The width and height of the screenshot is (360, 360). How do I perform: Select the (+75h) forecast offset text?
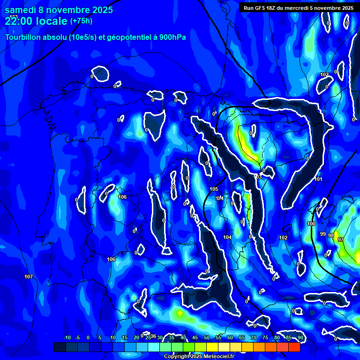pyautogui.click(x=81, y=21)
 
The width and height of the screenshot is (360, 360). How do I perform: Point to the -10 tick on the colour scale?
pyautogui.click(x=67, y=338)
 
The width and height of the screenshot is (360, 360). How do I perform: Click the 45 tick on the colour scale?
pyautogui.click(x=195, y=338)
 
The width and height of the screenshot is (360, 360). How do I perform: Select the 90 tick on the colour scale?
pyautogui.click(x=300, y=338)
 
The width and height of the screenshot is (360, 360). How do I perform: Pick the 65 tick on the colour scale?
pyautogui.click(x=242, y=338)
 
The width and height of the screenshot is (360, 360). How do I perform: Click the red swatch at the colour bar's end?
pyautogui.click(x=294, y=347)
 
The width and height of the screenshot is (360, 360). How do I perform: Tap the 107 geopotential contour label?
pyautogui.click(x=29, y=277)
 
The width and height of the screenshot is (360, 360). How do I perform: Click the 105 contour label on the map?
pyautogui.click(x=214, y=189)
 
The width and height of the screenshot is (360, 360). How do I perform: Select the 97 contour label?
pyautogui.click(x=341, y=240)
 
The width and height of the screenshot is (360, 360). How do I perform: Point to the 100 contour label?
pyautogui.click(x=311, y=224)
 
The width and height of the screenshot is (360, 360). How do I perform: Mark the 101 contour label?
pyautogui.click(x=319, y=180)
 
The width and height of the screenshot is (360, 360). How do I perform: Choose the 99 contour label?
pyautogui.click(x=322, y=234)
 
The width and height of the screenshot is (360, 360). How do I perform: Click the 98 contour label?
pyautogui.click(x=331, y=235)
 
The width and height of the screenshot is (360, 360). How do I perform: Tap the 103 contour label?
pyautogui.click(x=258, y=177)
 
